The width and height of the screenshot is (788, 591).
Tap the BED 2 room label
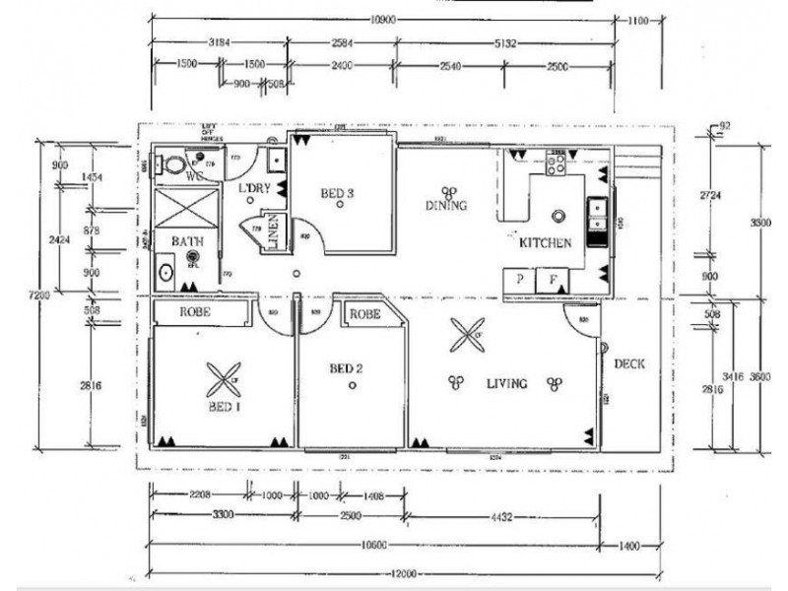point(347,369)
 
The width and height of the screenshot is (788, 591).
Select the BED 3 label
point(337,193)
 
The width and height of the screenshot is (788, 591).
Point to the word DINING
point(445,206)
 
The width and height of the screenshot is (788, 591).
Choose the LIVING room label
point(505,383)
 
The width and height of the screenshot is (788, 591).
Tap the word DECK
point(629,364)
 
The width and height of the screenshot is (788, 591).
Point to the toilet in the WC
point(173,164)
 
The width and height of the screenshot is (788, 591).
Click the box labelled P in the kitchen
point(518,281)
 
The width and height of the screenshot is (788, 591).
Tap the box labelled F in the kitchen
point(553,281)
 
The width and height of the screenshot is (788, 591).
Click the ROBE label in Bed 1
point(197,312)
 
